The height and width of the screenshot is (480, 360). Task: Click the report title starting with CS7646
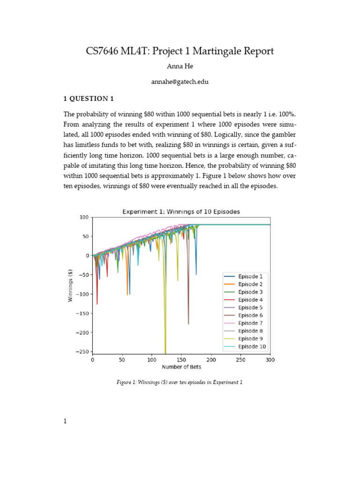tap(180, 51)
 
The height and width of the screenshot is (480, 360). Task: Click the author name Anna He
tap(180, 67)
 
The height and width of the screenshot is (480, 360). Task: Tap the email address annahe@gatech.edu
tap(180, 82)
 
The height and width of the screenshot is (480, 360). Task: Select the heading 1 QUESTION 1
tap(89, 98)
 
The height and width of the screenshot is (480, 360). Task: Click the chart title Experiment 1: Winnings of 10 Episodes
tap(181, 211)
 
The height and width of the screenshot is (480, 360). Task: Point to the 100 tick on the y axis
tap(83, 217)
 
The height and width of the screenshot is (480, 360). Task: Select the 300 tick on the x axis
tap(270, 360)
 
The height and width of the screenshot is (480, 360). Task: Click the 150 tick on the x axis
tap(181, 360)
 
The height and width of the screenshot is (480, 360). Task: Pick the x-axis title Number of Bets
tap(181, 367)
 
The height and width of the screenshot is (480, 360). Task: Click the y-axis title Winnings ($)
tap(71, 285)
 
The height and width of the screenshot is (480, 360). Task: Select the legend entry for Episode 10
tap(252, 346)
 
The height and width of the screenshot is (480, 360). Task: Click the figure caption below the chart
tap(180, 382)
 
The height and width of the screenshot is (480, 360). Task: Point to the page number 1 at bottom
tap(66, 421)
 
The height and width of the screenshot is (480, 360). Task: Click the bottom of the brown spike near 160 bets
tap(188, 323)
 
